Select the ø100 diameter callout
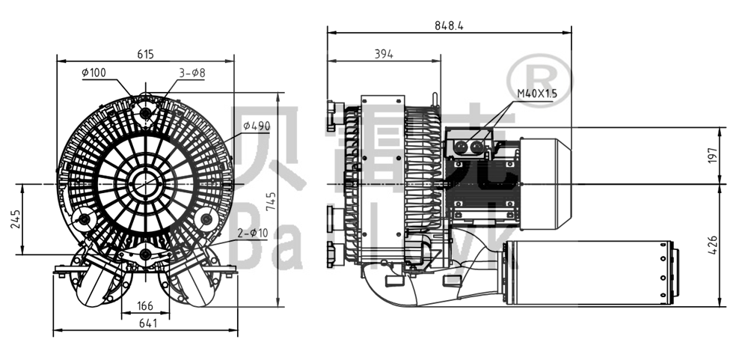coord(93,73)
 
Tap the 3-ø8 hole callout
coord(191,73)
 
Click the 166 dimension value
coord(145,305)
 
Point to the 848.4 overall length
coord(449,25)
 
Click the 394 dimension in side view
coord(383,53)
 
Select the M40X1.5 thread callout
coord(537,94)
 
